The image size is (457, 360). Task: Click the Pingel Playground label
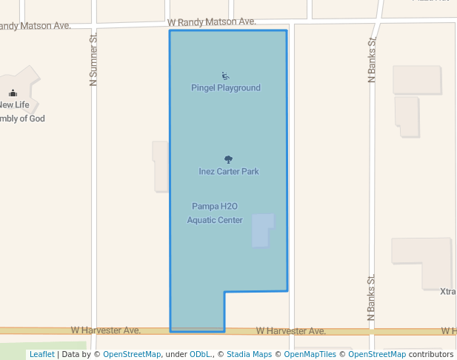click(x=226, y=88)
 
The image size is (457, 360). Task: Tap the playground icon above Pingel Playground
click(x=225, y=76)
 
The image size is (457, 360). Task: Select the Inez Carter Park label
click(x=229, y=172)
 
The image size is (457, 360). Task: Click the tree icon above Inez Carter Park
click(x=228, y=159)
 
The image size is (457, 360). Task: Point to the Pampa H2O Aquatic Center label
click(x=215, y=213)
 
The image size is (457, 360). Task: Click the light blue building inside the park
click(x=262, y=230)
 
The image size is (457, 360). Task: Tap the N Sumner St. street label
click(x=93, y=59)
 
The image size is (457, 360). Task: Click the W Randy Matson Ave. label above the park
click(x=212, y=23)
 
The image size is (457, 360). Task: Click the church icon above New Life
click(x=13, y=93)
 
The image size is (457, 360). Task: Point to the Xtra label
click(x=447, y=292)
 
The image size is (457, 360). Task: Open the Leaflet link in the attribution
click(x=41, y=355)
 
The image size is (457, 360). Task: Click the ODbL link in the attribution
click(x=201, y=355)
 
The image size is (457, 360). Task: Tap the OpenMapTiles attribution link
click(x=310, y=355)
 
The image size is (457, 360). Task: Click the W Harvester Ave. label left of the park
click(x=106, y=330)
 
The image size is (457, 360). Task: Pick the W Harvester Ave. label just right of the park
click(x=291, y=331)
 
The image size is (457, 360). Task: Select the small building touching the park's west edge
click(x=161, y=167)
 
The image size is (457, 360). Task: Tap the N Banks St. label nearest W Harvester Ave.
click(x=372, y=297)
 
